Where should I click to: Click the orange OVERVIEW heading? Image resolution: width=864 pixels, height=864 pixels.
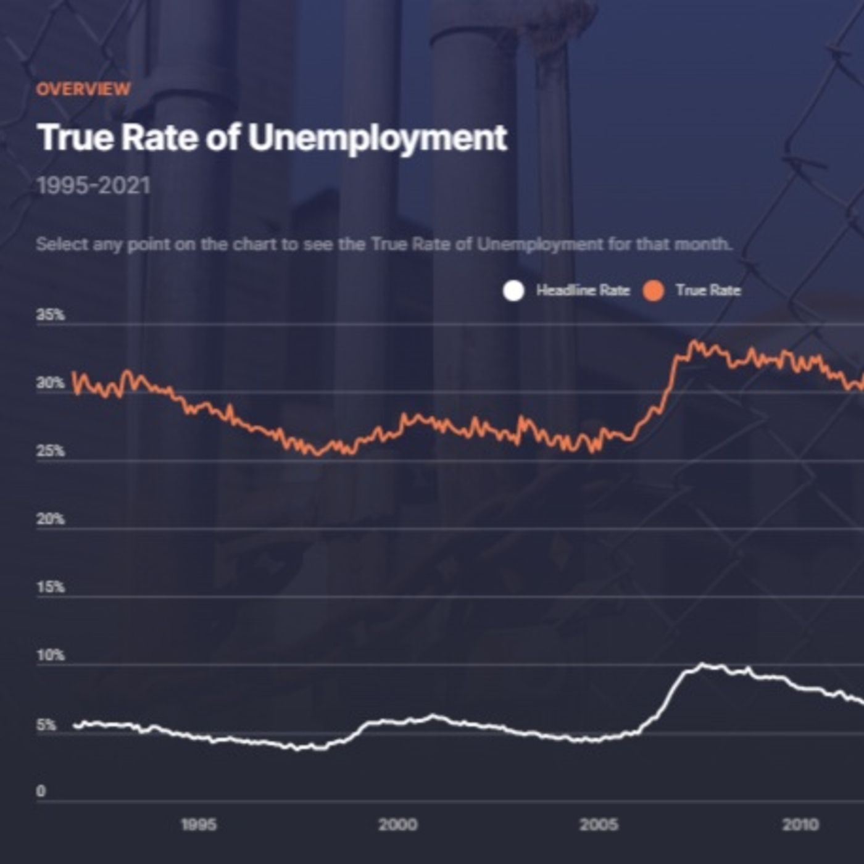[83, 89]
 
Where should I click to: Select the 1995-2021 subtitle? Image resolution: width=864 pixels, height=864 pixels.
[93, 186]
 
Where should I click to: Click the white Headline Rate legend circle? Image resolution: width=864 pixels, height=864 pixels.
[513, 291]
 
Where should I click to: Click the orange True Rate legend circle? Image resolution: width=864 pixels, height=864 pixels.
[654, 291]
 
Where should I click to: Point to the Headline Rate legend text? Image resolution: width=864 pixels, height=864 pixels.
[583, 291]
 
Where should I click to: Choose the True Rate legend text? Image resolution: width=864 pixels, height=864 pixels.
[708, 291]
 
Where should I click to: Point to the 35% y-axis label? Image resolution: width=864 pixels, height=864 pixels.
[51, 315]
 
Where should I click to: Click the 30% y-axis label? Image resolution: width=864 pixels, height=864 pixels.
[51, 383]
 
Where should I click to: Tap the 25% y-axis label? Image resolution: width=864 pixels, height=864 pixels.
[51, 451]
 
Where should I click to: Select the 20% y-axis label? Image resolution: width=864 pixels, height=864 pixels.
[51, 520]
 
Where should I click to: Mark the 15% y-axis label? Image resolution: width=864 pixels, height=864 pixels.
[51, 588]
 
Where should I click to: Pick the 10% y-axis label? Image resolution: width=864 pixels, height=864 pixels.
[51, 655]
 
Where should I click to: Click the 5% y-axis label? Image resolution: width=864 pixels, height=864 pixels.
[46, 725]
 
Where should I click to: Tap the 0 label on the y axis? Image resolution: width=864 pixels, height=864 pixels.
[41, 791]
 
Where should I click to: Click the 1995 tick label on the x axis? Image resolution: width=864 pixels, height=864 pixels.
[199, 825]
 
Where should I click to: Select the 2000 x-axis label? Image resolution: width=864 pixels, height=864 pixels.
[397, 825]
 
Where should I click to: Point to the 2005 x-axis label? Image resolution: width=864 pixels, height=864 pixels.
[599, 825]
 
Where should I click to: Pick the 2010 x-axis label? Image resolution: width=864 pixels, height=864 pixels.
[800, 825]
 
